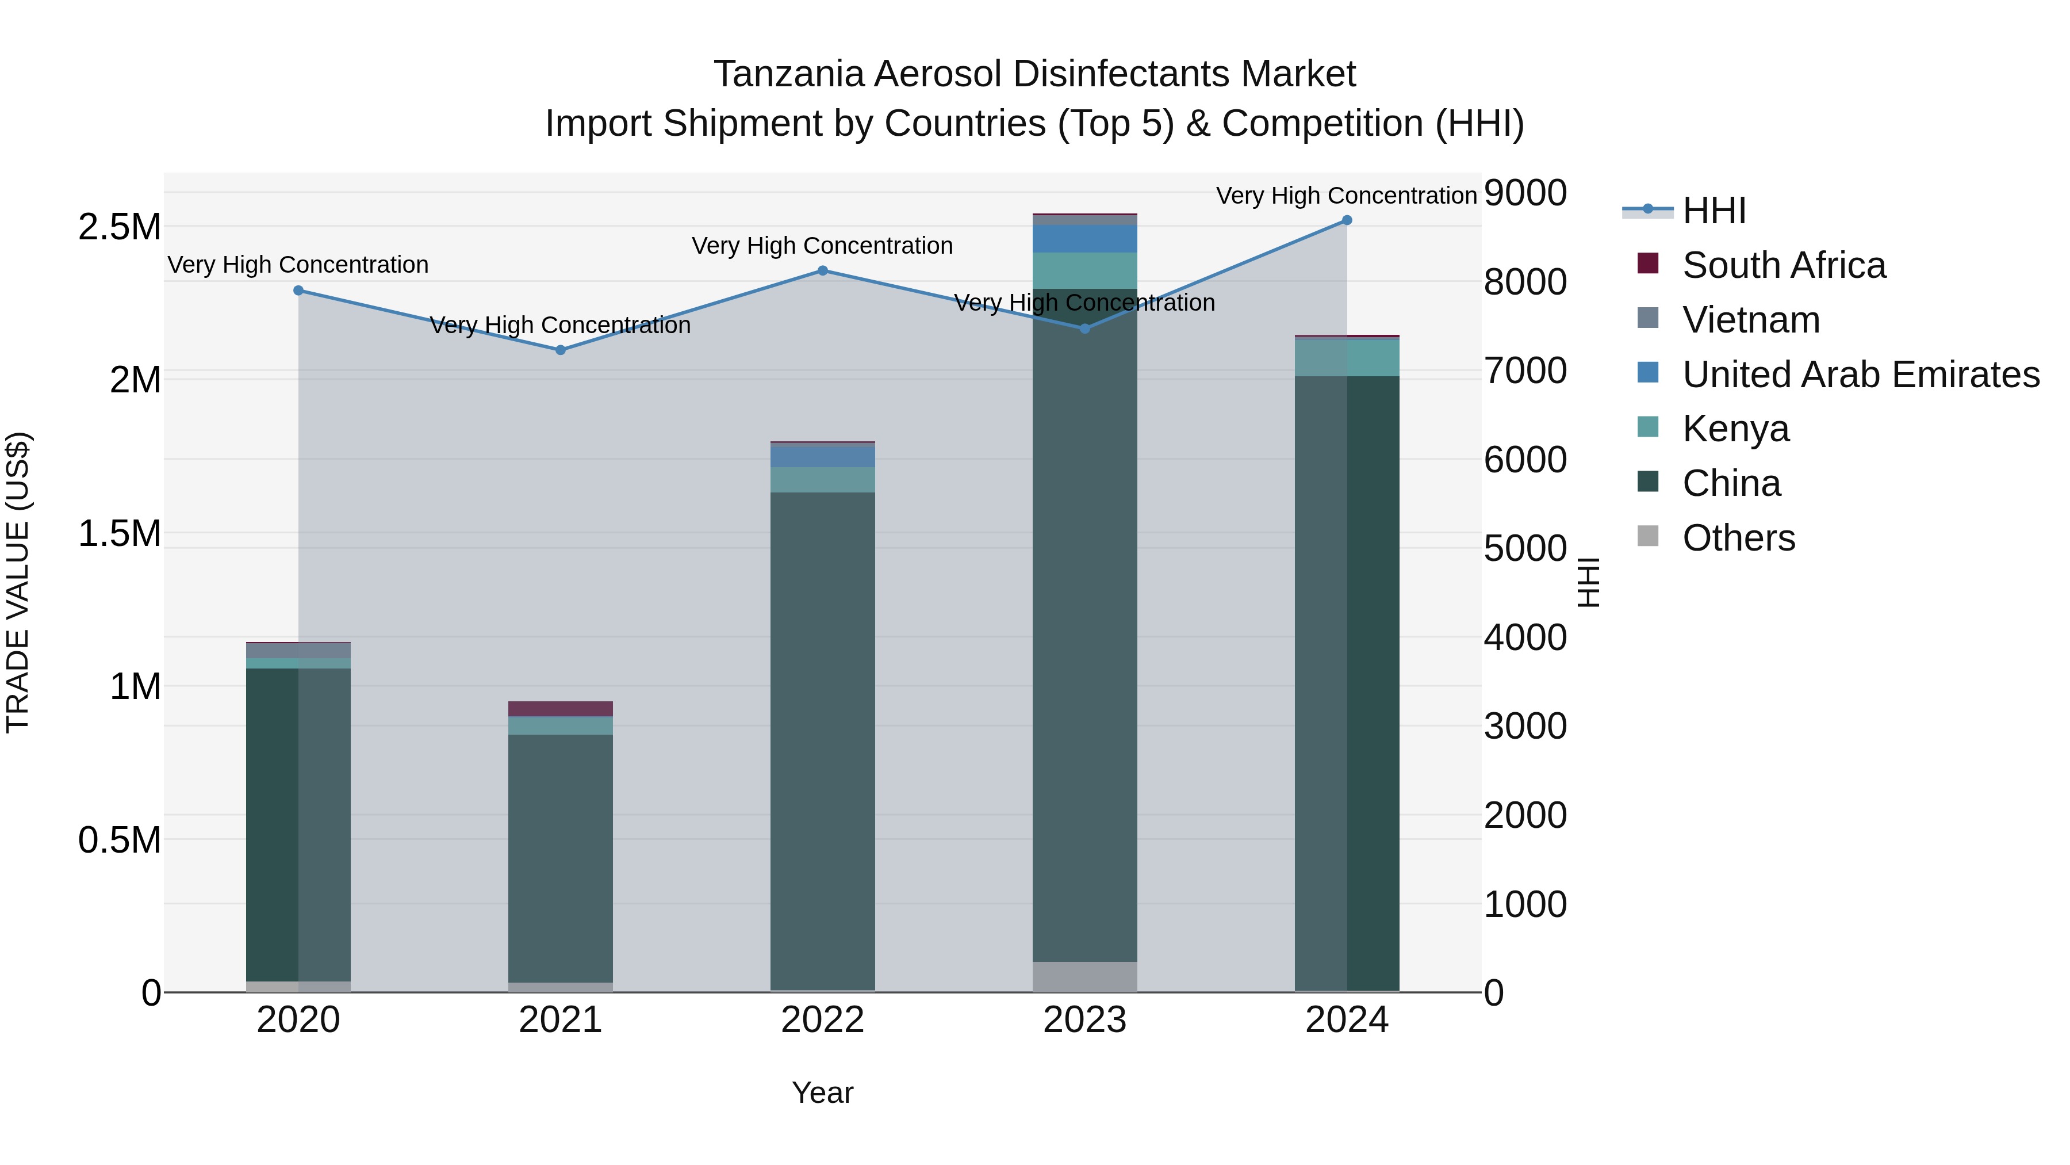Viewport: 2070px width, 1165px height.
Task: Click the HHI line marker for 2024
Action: pos(1347,220)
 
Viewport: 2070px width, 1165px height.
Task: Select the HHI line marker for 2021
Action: pos(561,350)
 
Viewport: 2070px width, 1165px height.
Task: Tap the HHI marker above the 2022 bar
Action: pos(823,271)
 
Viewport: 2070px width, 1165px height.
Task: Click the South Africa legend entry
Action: pos(1783,265)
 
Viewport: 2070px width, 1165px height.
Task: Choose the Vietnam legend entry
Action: pos(1750,320)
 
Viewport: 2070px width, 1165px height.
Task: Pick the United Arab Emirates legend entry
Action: pos(1860,375)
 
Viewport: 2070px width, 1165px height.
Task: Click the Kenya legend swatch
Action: pos(1648,427)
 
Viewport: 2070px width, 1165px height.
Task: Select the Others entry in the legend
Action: pos(1738,538)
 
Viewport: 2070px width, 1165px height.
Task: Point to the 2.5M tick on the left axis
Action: pos(120,227)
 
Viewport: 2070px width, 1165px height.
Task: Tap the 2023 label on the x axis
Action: pos(1085,1020)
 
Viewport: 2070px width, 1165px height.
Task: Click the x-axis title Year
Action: pos(822,1093)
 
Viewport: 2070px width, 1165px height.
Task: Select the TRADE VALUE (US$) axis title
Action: pos(18,582)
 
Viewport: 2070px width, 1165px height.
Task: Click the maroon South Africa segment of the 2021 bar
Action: pos(561,708)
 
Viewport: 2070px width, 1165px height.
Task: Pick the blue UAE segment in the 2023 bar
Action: pos(1085,239)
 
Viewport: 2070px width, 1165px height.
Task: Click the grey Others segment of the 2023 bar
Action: pos(1085,976)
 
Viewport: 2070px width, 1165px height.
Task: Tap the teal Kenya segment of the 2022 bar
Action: pos(823,479)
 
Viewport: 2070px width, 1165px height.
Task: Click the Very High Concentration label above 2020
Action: pos(298,265)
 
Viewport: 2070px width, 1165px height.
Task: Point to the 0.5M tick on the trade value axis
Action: pos(120,840)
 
